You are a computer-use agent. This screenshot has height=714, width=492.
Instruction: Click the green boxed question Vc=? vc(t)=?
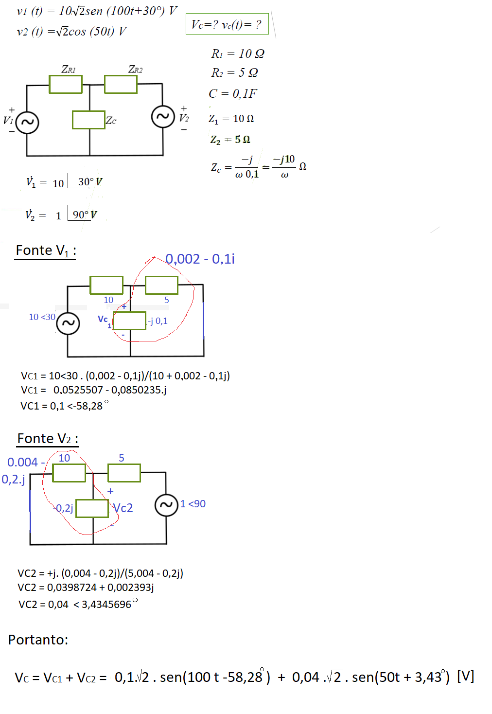(227, 24)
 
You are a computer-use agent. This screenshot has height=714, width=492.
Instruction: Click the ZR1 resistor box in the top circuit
(66, 84)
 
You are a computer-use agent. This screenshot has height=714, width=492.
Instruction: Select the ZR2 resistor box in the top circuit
(121, 84)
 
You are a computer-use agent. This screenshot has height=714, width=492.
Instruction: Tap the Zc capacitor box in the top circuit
(88, 120)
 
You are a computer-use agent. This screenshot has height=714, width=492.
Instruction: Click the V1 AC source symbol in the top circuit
(27, 122)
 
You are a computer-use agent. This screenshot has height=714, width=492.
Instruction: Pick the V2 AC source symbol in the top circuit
(163, 116)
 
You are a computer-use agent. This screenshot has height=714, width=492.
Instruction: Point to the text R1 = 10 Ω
(238, 54)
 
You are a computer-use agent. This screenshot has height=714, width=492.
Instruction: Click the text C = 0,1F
(233, 93)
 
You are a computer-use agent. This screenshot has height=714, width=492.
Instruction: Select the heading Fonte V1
(46, 250)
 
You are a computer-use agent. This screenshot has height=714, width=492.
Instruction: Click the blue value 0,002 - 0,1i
(200, 259)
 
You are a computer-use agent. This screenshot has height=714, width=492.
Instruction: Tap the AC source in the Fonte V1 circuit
(68, 323)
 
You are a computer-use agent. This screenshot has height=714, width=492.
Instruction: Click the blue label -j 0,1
(158, 321)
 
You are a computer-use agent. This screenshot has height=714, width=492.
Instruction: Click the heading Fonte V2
(48, 439)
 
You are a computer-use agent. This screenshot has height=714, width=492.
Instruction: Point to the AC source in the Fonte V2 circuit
(166, 504)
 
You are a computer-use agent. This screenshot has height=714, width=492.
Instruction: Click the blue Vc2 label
(123, 508)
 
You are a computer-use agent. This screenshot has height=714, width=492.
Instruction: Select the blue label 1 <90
(193, 504)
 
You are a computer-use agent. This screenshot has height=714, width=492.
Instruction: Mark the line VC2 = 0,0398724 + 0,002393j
(86, 588)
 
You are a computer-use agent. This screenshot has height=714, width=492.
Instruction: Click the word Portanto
(38, 640)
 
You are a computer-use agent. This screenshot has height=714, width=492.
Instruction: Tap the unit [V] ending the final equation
(465, 676)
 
